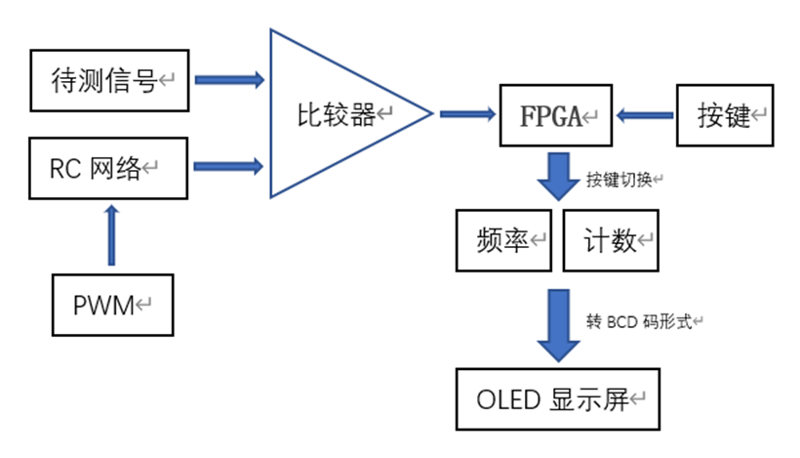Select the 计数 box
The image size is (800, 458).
click(x=612, y=240)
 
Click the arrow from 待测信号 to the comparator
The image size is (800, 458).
click(x=229, y=79)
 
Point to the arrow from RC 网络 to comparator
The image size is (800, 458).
click(x=229, y=167)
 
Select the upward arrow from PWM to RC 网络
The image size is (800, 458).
click(x=112, y=234)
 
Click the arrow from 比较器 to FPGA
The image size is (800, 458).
click(x=466, y=115)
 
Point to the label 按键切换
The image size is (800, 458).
click(x=622, y=181)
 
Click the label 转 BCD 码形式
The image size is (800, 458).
click(x=644, y=321)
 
